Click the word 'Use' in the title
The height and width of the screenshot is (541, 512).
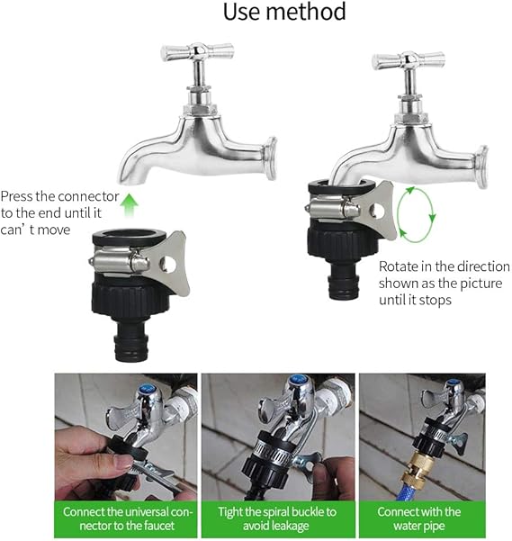click(x=241, y=12)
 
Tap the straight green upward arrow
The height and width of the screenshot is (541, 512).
click(x=130, y=205)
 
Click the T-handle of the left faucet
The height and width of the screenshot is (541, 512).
click(x=197, y=51)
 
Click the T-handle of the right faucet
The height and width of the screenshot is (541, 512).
click(x=409, y=60)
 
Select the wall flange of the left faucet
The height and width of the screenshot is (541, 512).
click(x=271, y=158)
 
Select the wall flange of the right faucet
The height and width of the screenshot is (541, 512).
click(x=482, y=167)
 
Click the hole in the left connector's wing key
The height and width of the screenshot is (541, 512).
click(x=168, y=265)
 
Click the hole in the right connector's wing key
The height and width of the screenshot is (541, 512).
click(x=378, y=212)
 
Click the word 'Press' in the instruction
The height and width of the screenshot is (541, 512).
click(x=16, y=196)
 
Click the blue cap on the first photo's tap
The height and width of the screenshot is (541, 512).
click(x=144, y=390)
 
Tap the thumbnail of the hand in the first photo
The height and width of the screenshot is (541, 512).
click(x=122, y=462)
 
